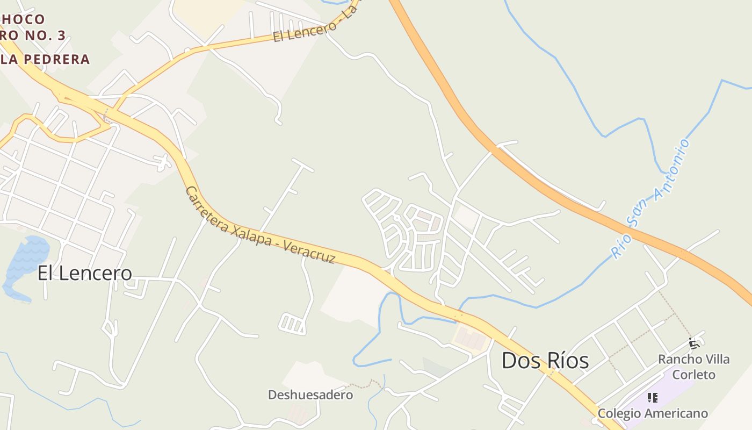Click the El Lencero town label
(x=84, y=273)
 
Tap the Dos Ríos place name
(x=545, y=360)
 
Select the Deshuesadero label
(x=310, y=395)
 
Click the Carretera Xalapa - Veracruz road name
(x=260, y=225)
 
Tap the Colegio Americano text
(x=653, y=413)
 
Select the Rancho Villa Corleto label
(x=694, y=366)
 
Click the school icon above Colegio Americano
(x=653, y=398)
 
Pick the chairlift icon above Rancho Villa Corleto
(x=694, y=343)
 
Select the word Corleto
(x=694, y=374)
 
